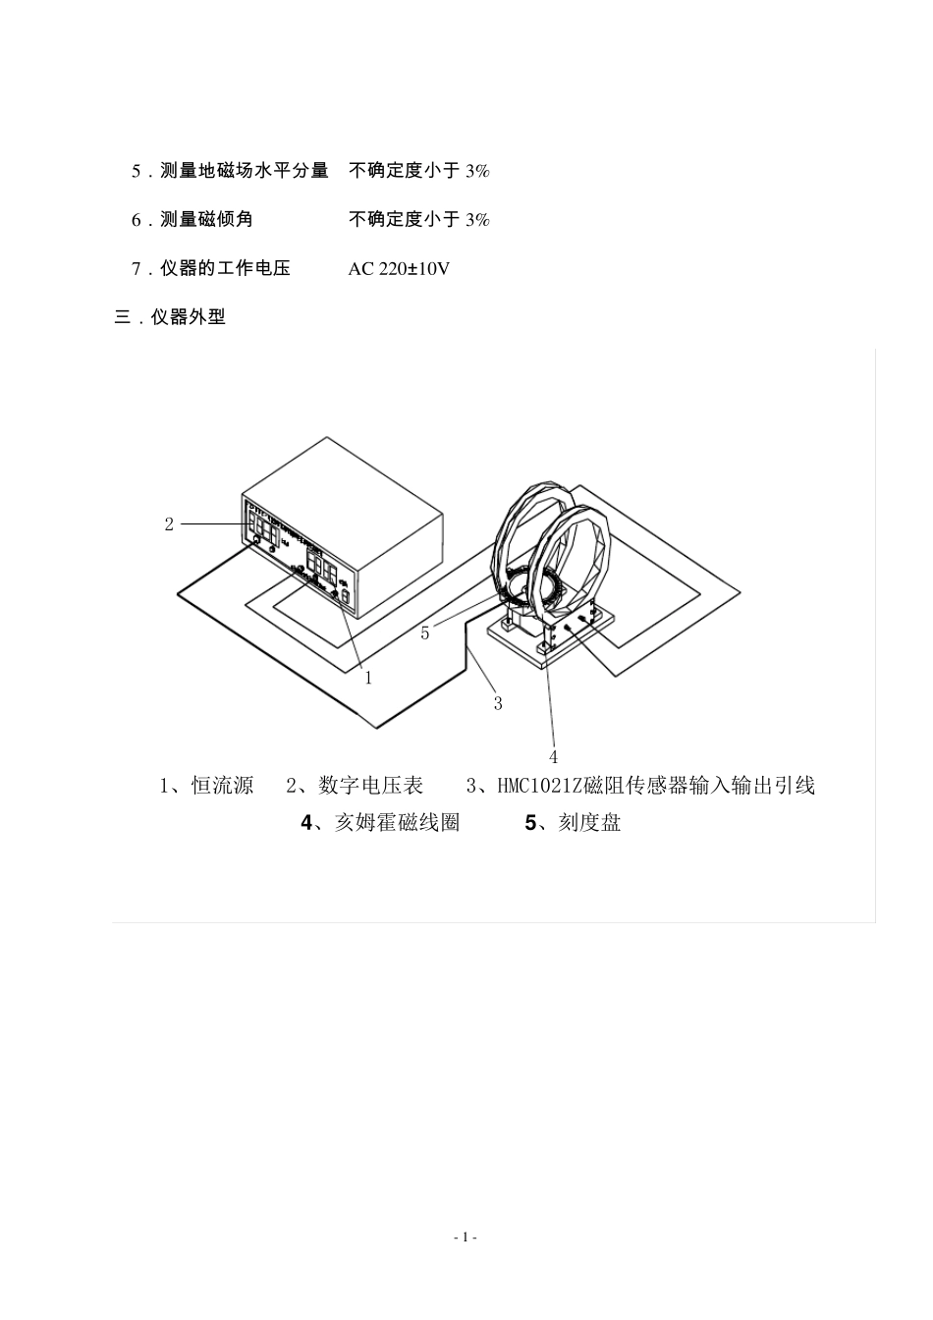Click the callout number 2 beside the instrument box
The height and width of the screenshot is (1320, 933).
tap(169, 524)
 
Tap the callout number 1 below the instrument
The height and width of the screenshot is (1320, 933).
tap(368, 678)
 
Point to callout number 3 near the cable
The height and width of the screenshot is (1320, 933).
tap(498, 703)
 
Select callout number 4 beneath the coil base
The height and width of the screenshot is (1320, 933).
tap(553, 756)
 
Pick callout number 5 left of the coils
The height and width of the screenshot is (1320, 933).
tap(425, 633)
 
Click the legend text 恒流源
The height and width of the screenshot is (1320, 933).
tap(222, 786)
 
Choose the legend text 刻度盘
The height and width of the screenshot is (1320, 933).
tap(589, 823)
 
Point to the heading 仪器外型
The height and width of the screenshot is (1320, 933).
tap(189, 317)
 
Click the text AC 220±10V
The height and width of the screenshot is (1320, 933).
tap(399, 268)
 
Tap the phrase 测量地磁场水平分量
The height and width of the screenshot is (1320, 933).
tap(245, 171)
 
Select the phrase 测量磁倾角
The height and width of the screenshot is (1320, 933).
tap(207, 219)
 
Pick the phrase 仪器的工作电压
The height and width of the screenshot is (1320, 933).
tap(226, 268)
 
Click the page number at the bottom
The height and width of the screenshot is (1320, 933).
tap(466, 1237)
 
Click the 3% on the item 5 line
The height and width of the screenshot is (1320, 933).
tap(477, 171)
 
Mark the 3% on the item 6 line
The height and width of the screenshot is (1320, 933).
tap(477, 219)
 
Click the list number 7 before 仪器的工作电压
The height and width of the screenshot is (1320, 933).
tap(137, 268)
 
